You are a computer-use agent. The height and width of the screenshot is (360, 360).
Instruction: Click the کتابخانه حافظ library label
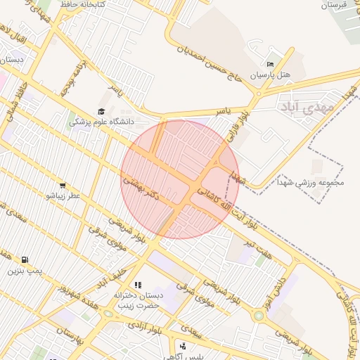click(x=82, y=5)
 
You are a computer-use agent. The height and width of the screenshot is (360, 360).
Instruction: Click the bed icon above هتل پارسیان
click(x=271, y=64)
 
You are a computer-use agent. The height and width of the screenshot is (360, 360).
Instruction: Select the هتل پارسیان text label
click(x=271, y=74)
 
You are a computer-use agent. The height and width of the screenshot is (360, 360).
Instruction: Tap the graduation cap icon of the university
click(x=101, y=112)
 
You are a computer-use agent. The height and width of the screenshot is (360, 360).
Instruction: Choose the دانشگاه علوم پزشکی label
click(x=102, y=122)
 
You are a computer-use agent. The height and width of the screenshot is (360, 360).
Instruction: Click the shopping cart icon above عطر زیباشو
click(x=63, y=186)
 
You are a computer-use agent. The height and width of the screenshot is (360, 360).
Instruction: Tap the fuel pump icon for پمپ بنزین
click(x=25, y=260)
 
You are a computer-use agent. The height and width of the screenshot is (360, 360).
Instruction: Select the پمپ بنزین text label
click(x=25, y=271)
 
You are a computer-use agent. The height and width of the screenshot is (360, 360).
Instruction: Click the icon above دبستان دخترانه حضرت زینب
click(x=138, y=285)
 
